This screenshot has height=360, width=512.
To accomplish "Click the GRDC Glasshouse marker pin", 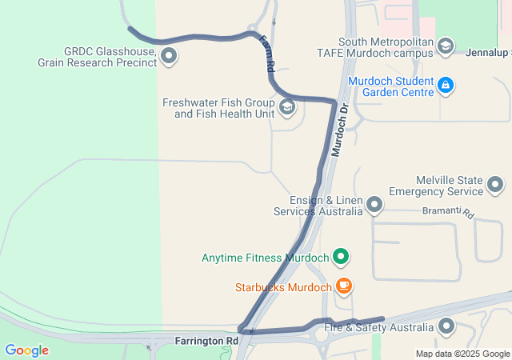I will tap(169, 55).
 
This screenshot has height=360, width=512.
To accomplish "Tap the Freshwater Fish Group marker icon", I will tap(286, 107).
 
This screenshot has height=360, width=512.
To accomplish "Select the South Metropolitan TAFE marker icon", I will tap(445, 47).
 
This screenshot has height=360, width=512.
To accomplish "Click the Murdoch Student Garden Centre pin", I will tap(446, 85).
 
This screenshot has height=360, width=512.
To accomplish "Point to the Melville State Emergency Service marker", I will tap(495, 186).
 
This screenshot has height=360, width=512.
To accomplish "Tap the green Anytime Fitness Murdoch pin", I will tap(342, 258).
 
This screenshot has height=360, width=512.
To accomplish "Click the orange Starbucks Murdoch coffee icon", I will tap(343, 286).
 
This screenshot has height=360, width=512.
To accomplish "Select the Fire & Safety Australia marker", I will tap(446, 326).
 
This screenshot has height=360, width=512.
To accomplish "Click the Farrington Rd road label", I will tap(206, 341).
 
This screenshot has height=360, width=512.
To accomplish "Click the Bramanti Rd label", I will tap(449, 213).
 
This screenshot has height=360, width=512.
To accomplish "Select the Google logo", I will tap(26, 350).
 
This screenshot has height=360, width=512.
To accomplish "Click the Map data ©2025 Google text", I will tap(462, 354).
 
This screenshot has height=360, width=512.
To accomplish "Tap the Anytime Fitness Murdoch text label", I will tap(265, 258).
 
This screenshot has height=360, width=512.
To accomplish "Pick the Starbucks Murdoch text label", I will tap(283, 287).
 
